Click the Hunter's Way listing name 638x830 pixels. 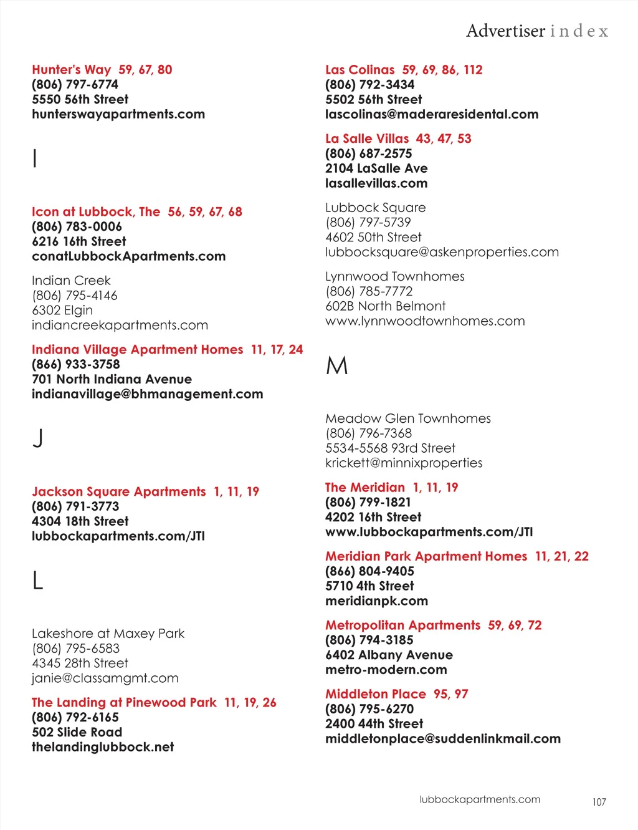point(72,70)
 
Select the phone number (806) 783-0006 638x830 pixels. point(77,226)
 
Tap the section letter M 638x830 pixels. point(337,365)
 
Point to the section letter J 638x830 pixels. point(38,438)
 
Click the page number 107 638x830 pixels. point(599,802)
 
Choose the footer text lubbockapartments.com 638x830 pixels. point(480,799)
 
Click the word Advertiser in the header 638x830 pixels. point(505,31)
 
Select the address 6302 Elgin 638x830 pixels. point(62,310)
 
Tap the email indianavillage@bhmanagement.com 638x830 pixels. point(148,394)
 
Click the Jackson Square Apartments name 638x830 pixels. point(119,491)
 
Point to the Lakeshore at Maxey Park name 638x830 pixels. point(108,634)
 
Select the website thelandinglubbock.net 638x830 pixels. point(103,747)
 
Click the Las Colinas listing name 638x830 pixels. point(360,70)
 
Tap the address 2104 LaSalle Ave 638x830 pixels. point(376,168)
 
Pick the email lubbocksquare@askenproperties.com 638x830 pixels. point(442,252)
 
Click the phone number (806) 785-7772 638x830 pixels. point(369,291)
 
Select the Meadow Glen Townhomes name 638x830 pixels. point(408,418)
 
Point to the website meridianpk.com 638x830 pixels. point(376,601)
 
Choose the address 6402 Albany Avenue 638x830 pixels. point(389,655)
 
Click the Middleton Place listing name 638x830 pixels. point(376,694)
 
